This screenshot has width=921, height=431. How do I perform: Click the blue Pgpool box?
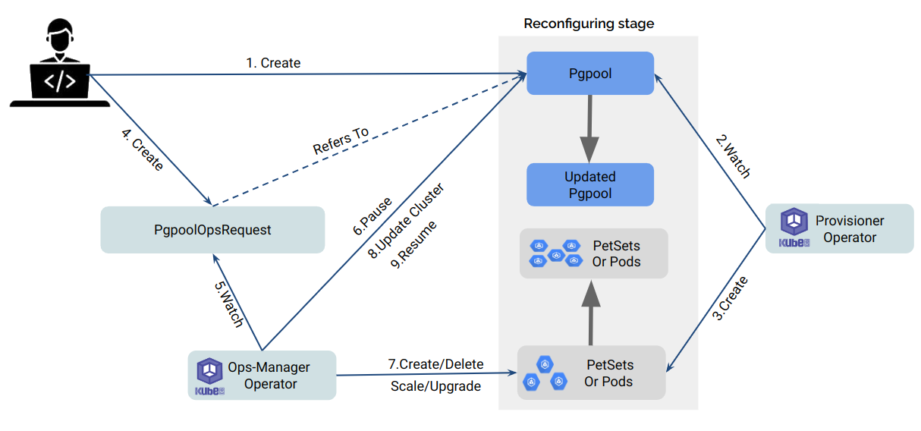click(x=590, y=74)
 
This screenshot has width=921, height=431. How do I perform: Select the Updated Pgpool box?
click(x=590, y=185)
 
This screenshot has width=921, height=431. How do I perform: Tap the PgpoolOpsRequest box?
click(x=212, y=230)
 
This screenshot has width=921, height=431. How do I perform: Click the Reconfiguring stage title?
click(x=589, y=24)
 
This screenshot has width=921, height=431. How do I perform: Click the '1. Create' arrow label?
click(x=273, y=63)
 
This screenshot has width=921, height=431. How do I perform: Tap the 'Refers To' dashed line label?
click(x=341, y=141)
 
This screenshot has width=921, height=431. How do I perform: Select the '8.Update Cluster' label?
click(x=405, y=221)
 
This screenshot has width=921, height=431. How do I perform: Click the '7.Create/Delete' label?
click(x=435, y=365)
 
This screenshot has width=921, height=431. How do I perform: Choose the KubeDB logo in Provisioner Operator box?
click(x=794, y=228)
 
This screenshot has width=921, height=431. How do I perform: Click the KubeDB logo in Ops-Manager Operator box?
click(x=209, y=375)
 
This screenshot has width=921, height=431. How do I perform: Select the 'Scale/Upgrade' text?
click(x=435, y=386)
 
